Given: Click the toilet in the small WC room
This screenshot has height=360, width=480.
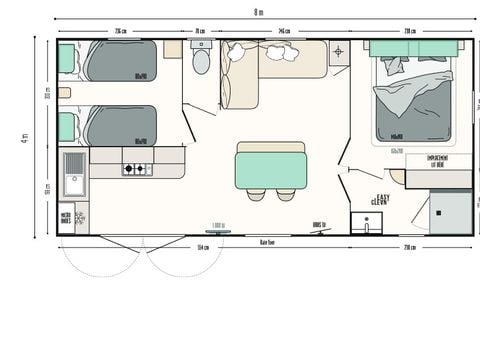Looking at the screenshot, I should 201,63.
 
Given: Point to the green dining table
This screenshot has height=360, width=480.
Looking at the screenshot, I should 270,164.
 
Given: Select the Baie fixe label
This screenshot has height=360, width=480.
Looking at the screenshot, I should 267,243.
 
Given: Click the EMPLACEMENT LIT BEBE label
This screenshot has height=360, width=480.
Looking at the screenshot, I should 437,160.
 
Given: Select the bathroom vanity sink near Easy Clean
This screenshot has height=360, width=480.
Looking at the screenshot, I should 365,224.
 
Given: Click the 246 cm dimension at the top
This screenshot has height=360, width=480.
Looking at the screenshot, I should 284,31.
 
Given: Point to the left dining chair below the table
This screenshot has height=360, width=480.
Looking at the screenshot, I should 254,192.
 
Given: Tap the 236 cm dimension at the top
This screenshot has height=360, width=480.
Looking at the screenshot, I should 120,31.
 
